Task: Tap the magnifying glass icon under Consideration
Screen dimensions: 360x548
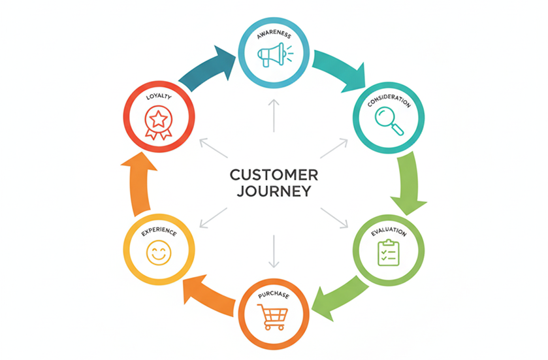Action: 389,121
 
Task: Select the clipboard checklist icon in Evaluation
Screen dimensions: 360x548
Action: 389,252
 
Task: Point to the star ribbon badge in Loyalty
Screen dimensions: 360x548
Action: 157,123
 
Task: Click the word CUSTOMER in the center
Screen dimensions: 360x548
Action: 274,175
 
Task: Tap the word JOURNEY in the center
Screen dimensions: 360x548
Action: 274,192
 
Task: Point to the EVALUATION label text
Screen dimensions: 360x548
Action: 389,232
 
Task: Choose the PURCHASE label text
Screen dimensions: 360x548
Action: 274,295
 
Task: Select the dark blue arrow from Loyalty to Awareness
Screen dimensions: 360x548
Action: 206,69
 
